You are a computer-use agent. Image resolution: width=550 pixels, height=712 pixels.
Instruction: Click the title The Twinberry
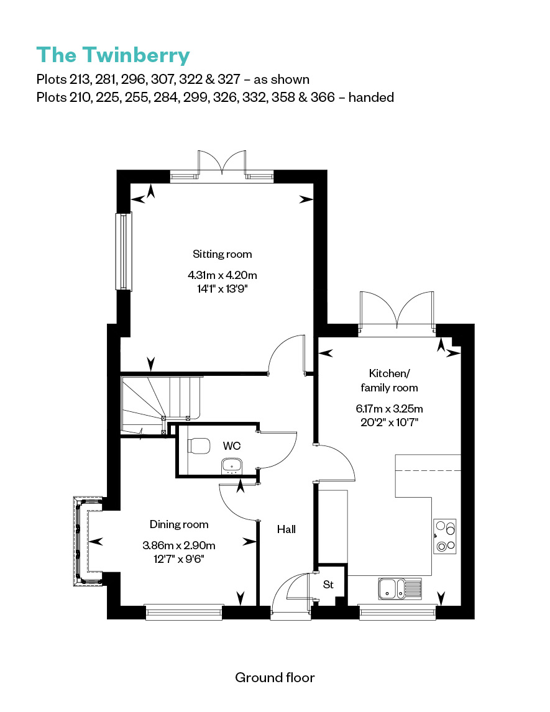click(x=113, y=56)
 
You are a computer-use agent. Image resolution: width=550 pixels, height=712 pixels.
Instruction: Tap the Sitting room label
click(x=222, y=254)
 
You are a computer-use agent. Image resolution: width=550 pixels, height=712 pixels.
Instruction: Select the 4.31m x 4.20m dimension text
click(x=222, y=275)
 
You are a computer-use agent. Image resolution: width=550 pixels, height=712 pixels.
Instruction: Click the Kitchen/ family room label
click(x=389, y=380)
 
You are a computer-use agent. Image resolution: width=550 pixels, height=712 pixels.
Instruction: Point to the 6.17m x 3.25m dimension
click(x=389, y=409)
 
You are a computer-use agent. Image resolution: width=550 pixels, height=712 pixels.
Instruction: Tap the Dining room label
click(x=179, y=524)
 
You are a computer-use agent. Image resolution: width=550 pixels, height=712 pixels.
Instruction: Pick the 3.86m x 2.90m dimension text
click(x=179, y=545)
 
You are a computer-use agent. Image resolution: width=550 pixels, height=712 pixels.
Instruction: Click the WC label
click(x=232, y=446)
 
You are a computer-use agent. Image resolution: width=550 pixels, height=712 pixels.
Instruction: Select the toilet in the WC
click(x=199, y=445)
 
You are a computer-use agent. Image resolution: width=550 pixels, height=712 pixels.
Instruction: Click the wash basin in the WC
click(x=232, y=467)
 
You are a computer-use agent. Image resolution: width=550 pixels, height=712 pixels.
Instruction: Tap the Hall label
click(x=286, y=529)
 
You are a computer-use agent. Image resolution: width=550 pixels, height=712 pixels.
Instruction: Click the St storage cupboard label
click(x=328, y=585)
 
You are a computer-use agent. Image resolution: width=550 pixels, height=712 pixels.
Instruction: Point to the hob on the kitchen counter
click(x=444, y=536)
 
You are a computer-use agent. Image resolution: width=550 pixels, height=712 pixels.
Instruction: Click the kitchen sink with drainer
click(x=400, y=588)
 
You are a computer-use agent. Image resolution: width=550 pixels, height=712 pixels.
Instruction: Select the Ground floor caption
click(x=275, y=678)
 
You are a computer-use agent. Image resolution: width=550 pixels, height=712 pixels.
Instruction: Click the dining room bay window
click(x=81, y=541)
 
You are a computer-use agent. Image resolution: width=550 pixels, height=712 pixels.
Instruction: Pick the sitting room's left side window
click(x=124, y=251)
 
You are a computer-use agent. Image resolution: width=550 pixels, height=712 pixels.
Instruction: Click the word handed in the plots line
click(x=371, y=98)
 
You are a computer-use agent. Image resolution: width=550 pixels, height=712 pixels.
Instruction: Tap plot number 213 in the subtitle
click(x=80, y=80)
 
